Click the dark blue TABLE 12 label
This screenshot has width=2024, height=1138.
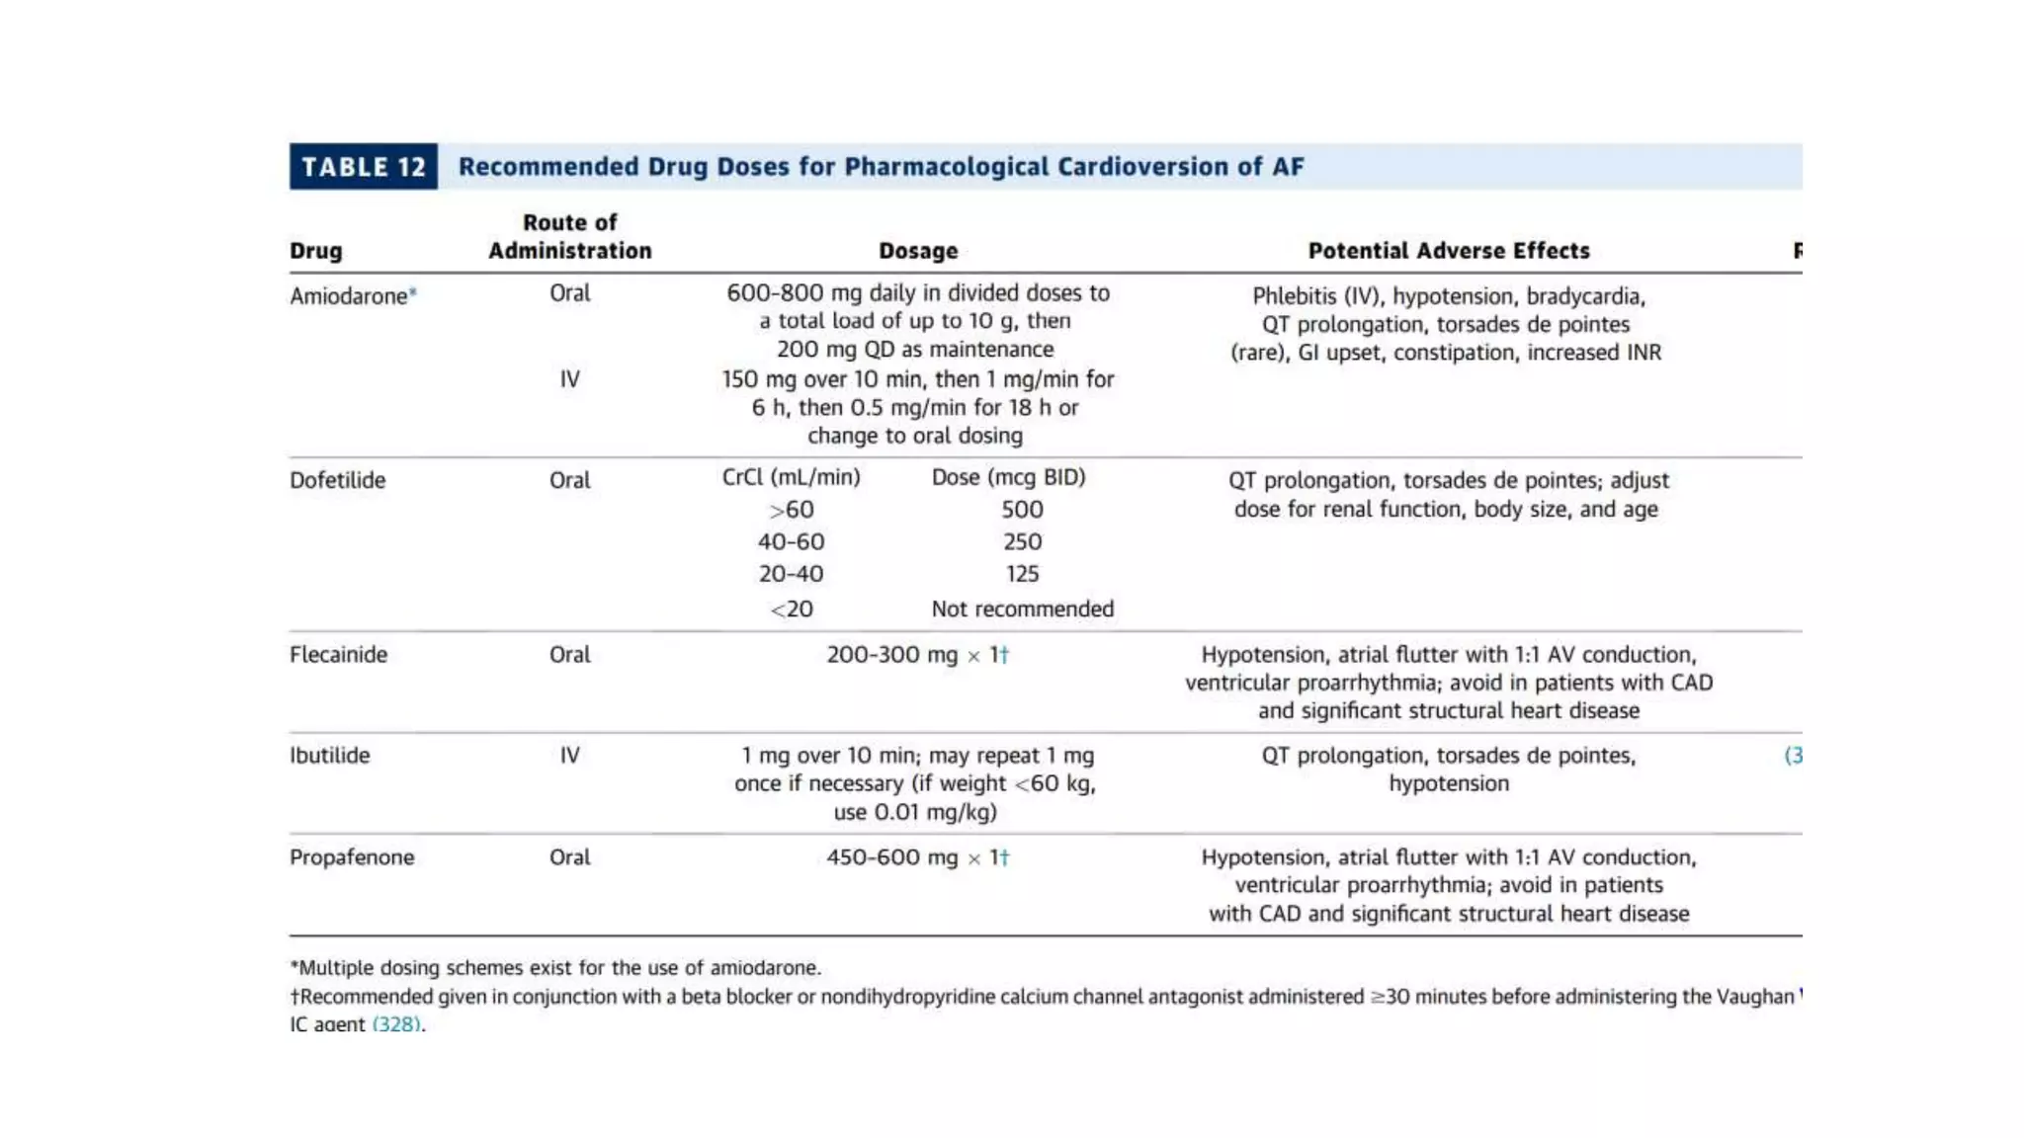[363, 166]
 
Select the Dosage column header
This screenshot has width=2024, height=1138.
[918, 251]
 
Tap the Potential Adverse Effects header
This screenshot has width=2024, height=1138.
[1448, 251]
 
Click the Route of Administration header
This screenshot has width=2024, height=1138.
[569, 237]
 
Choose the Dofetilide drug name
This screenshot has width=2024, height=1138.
[337, 480]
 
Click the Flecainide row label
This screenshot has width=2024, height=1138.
[338, 654]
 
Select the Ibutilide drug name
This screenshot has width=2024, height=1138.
[329, 755]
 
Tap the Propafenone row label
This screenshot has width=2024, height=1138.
[351, 856]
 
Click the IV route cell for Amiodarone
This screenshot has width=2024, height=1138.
[569, 378]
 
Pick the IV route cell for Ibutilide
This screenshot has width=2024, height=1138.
[569, 755]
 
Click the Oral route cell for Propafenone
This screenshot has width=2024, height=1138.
[569, 856]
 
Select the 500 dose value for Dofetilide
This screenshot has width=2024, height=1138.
[1022, 510]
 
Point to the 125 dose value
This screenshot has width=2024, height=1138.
[1022, 574]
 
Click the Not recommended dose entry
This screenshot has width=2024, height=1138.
[1022, 609]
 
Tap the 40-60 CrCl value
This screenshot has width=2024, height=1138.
[791, 541]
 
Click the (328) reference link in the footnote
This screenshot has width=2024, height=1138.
[396, 1023]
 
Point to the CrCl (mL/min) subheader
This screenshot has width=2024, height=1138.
[791, 477]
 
